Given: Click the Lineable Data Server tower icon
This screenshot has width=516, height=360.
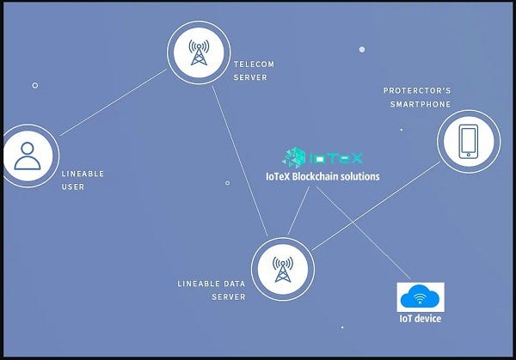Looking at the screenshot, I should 282,269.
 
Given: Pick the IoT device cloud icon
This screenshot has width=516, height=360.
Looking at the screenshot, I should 420,297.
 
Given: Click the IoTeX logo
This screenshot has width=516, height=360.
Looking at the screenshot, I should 323,157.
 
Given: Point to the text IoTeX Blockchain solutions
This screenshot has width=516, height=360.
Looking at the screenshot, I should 322,176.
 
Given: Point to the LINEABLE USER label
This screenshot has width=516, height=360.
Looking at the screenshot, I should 83,180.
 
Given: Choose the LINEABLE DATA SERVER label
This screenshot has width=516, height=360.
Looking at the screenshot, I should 212,290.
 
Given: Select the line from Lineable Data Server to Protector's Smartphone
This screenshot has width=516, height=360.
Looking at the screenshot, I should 378,206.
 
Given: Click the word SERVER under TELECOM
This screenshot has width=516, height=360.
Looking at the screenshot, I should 250,77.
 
